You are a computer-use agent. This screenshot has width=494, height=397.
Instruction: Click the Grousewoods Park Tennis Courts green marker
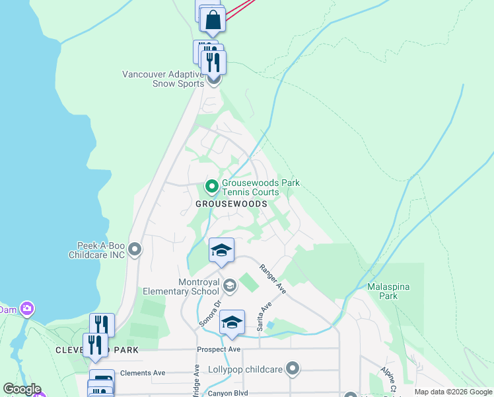coord(211,187)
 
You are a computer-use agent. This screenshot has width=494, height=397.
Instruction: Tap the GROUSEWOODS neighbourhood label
coord(231,204)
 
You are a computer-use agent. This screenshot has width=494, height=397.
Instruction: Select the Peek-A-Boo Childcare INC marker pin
coord(135,249)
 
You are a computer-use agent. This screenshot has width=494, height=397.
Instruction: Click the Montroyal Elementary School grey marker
coord(230,286)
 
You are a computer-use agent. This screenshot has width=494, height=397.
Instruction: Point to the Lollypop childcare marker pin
coord(293,369)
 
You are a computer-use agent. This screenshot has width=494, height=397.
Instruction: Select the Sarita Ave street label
coord(265,317)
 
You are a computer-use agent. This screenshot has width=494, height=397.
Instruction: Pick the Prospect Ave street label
coord(218,349)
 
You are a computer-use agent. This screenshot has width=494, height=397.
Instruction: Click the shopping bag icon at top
coord(213,21)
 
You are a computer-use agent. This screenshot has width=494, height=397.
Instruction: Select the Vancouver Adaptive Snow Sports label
coord(163,79)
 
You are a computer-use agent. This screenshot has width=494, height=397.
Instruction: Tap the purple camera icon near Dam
coord(27,308)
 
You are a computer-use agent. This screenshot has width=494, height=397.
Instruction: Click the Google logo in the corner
coord(22,389)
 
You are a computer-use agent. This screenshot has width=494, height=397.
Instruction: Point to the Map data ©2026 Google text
coord(452,392)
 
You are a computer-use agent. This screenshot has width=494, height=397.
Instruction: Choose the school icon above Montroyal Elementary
coord(221,250)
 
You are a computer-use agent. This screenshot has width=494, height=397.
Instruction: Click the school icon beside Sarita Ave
coord(232,322)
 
